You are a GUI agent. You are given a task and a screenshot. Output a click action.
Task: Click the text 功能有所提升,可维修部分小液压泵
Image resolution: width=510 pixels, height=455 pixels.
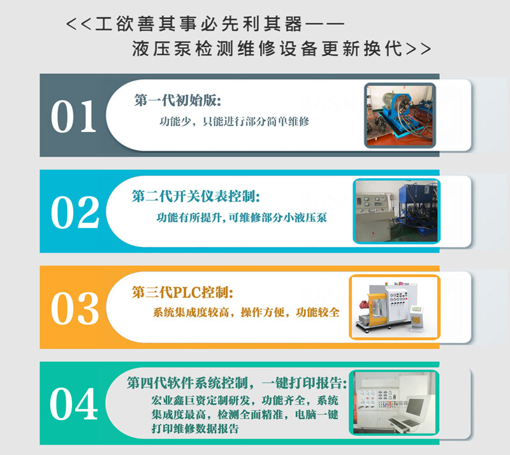[242, 217]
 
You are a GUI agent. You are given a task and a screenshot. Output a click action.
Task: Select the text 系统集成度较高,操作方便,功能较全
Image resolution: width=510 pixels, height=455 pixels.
[246, 313]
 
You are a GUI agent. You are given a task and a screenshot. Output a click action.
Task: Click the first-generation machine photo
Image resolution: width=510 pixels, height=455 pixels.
[402, 115]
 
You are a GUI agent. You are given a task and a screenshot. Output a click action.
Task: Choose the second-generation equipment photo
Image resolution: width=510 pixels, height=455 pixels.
[396, 211]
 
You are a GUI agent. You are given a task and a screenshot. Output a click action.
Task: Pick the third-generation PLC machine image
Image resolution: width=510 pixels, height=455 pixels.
[394, 307]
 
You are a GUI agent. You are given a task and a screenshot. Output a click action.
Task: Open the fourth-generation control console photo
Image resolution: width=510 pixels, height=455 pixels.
[393, 403]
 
